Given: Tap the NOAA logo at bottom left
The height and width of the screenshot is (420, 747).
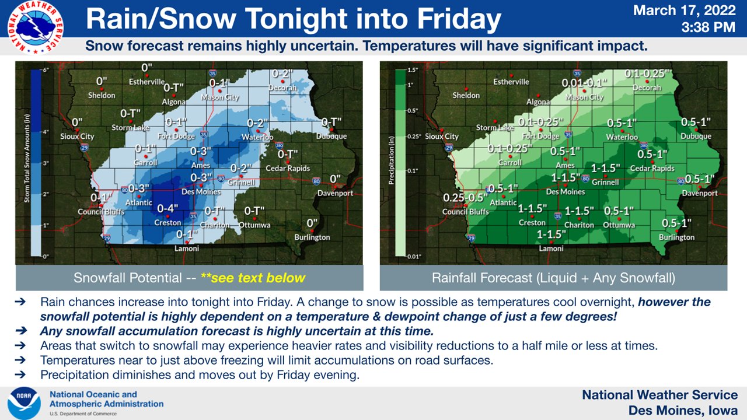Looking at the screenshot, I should [x=24, y=403].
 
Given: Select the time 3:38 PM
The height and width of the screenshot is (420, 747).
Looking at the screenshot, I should [x=708, y=27].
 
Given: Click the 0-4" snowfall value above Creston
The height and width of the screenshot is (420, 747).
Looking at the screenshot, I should [x=168, y=208].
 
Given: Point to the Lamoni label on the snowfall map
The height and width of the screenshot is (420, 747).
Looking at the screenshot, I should [x=187, y=249].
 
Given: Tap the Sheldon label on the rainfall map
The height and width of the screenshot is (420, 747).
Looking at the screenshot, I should [x=466, y=95].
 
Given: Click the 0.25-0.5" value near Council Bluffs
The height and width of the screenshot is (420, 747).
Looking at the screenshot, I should [x=465, y=198].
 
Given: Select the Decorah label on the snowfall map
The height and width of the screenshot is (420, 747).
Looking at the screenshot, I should [x=282, y=88].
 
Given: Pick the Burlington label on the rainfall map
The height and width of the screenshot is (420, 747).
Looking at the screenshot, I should [x=676, y=237].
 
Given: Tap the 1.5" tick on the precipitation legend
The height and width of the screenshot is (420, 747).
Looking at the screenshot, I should [x=413, y=70].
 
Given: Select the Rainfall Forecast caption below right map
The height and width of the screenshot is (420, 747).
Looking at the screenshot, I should [x=553, y=278].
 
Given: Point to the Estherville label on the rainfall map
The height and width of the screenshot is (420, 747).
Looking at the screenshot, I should [x=511, y=82].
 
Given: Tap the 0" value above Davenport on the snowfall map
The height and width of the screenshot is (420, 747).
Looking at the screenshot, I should [x=335, y=179].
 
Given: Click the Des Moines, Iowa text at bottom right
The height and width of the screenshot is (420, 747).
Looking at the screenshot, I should [x=683, y=410].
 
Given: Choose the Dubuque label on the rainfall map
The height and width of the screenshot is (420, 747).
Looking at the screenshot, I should [x=696, y=136].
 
